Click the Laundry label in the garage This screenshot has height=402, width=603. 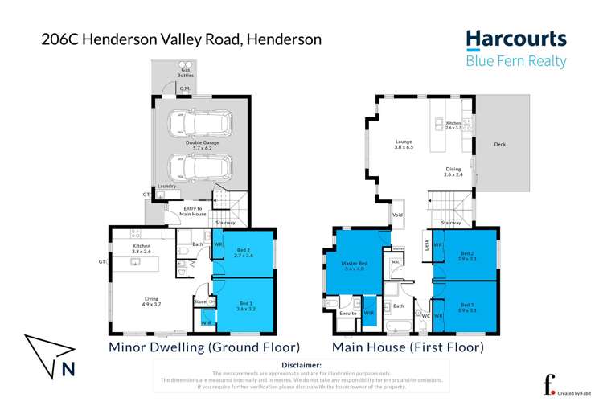[166, 185]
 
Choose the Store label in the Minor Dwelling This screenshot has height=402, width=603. [199, 301]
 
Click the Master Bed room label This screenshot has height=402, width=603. [355, 265]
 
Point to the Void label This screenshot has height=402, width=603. [396, 215]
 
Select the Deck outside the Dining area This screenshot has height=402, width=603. [499, 144]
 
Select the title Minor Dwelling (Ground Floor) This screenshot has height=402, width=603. [204, 347]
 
